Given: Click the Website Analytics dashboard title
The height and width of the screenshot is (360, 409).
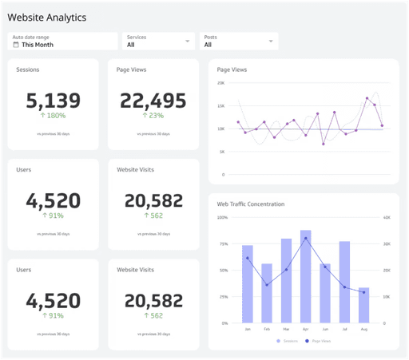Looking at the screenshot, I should tap(47, 17).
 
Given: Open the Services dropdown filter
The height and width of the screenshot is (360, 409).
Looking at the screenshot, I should tap(159, 42).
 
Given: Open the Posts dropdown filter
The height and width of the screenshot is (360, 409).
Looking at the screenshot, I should tap(240, 42).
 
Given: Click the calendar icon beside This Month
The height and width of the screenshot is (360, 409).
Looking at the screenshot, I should tap(16, 45).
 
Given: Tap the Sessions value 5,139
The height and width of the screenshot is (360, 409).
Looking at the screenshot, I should tap(54, 101).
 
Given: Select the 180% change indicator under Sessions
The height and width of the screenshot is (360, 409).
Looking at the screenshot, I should tap(54, 116).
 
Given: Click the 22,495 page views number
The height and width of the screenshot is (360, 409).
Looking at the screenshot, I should tap(153, 101).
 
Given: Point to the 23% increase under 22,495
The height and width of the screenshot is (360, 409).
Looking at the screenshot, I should tap(153, 116).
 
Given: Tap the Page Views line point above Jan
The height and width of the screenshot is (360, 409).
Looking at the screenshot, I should tap(248, 258).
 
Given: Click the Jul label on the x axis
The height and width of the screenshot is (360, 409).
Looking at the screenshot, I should tap(344, 328).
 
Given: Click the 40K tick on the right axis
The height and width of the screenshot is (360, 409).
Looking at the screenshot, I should tap(386, 217).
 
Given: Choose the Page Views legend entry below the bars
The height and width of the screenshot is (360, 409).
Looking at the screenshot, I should tap(319, 341).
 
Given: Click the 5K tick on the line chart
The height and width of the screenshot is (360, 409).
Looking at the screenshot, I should tap(222, 152).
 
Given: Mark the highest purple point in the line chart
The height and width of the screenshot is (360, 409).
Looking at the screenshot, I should tap(367, 98).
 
